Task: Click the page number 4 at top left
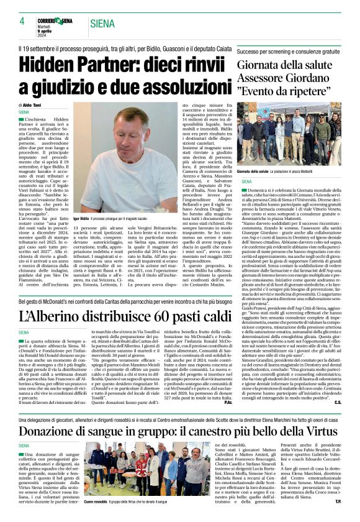pos(13,23)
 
